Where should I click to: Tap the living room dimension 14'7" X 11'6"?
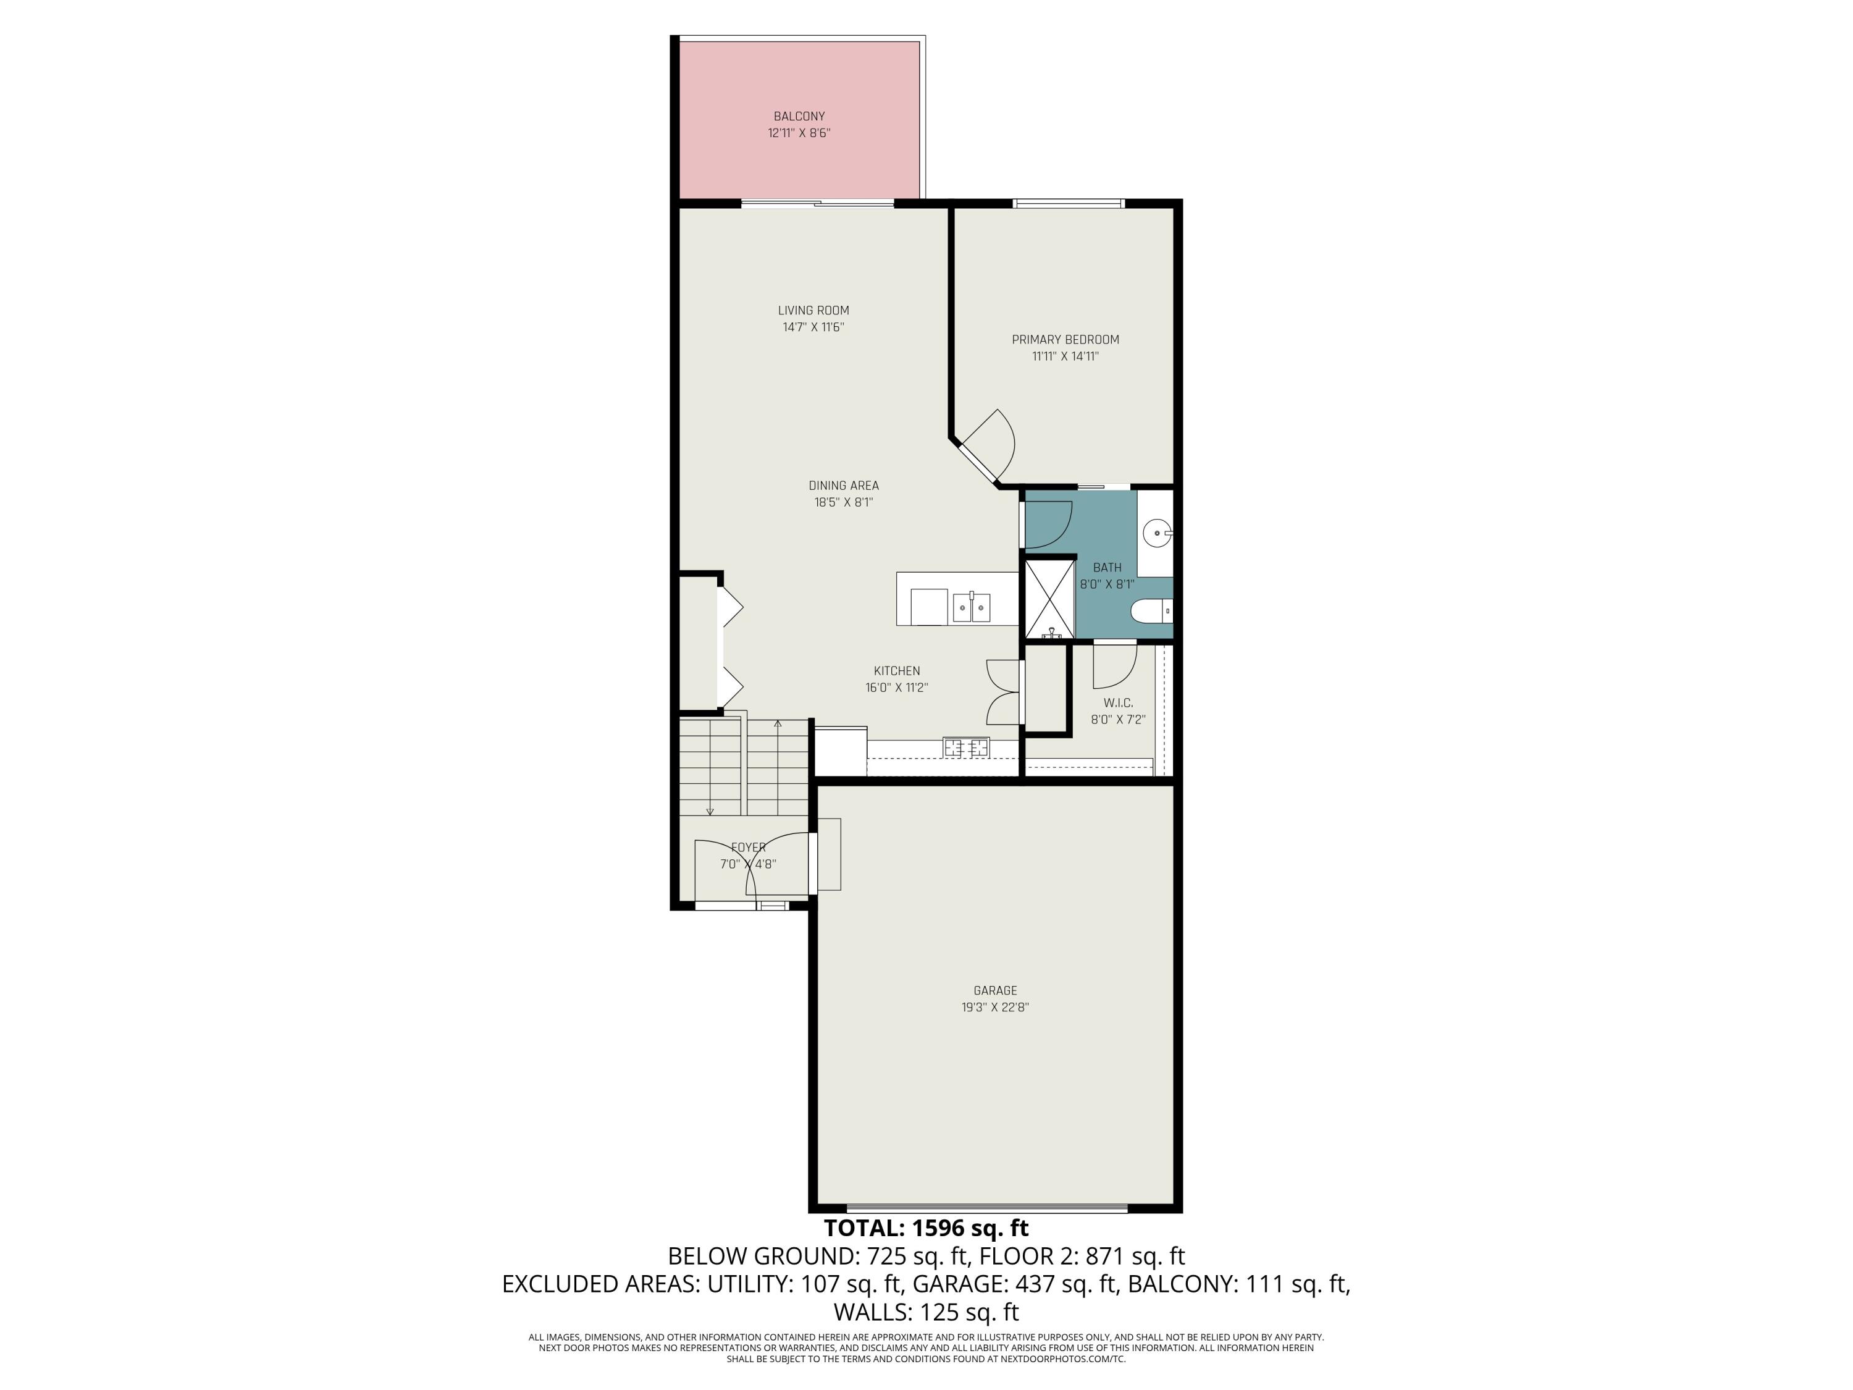point(813,327)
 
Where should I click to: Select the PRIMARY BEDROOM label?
point(1065,339)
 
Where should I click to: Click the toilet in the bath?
point(1152,612)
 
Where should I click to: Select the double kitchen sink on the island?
point(971,607)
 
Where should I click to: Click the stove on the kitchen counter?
point(966,748)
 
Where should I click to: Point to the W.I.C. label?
point(1117,703)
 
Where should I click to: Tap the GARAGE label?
point(994,990)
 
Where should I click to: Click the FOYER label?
point(748,847)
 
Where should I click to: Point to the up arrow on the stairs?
point(778,726)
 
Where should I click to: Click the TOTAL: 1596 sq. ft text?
point(926,1228)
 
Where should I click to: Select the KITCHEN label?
point(896,670)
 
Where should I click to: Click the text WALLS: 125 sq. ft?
point(926,1312)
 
